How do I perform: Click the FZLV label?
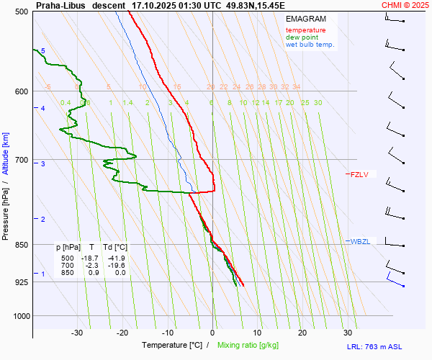coord(359,174)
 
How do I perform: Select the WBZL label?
coord(360,241)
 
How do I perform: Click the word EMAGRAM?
coord(305,19)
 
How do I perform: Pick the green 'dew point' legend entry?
coord(302,37)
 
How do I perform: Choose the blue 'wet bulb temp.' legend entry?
coord(310,45)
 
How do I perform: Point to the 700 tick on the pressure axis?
coord(21,160)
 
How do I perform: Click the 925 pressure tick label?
coord(21,282)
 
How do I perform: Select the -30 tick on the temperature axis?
coord(77,333)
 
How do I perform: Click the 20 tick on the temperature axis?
coord(302,333)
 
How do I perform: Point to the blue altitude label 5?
coord(42,50)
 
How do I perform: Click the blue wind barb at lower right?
coord(395,278)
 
